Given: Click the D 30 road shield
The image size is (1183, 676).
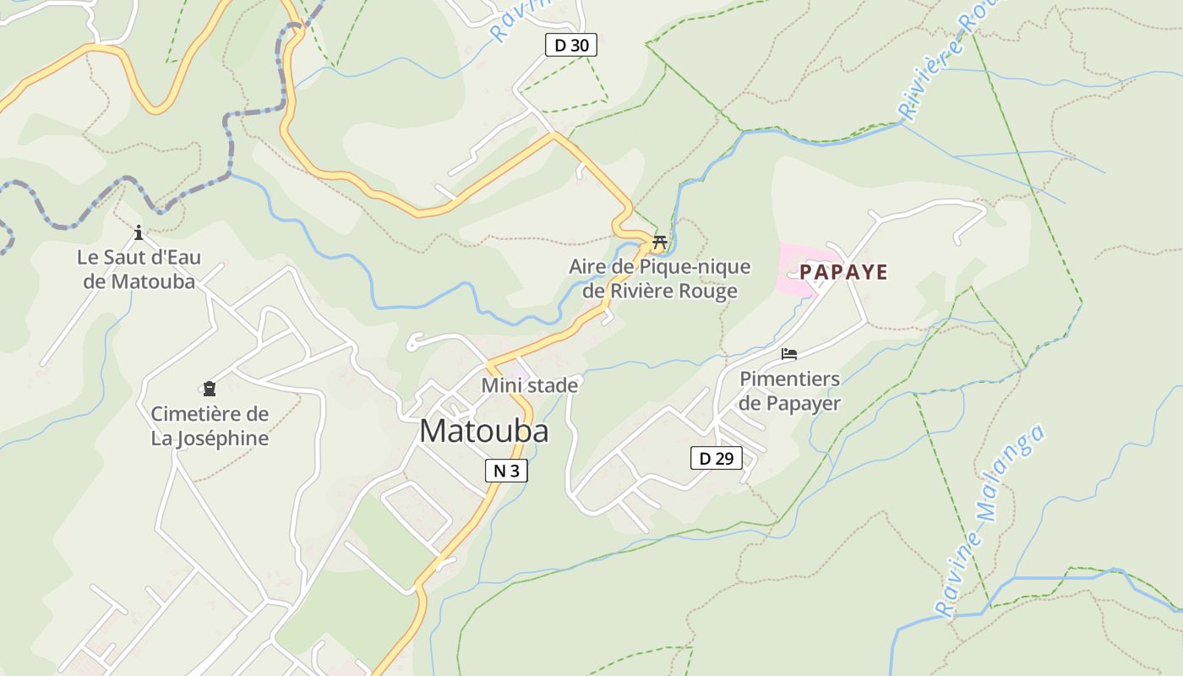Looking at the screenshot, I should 571,45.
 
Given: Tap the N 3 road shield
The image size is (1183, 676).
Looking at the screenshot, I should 506,471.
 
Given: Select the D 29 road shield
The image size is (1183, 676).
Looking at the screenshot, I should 716,458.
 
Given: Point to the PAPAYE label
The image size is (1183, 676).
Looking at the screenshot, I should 843,272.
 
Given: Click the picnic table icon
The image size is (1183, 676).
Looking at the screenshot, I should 660,243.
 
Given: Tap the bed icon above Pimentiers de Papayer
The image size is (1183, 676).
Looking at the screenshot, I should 789,354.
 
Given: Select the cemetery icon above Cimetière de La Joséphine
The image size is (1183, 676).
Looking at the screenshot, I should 209,389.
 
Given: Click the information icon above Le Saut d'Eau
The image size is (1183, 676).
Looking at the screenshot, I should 139,232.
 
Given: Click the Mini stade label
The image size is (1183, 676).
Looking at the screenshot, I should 530,385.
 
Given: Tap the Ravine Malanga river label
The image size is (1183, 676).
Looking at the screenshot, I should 990,521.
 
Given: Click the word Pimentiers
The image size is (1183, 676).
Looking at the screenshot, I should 789,379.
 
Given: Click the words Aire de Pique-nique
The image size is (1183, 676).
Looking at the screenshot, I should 659,267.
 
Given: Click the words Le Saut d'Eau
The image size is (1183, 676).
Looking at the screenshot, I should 139,257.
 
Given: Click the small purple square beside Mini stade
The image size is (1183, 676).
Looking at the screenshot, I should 520,373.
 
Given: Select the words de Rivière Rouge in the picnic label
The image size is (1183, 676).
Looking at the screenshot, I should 659,292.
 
